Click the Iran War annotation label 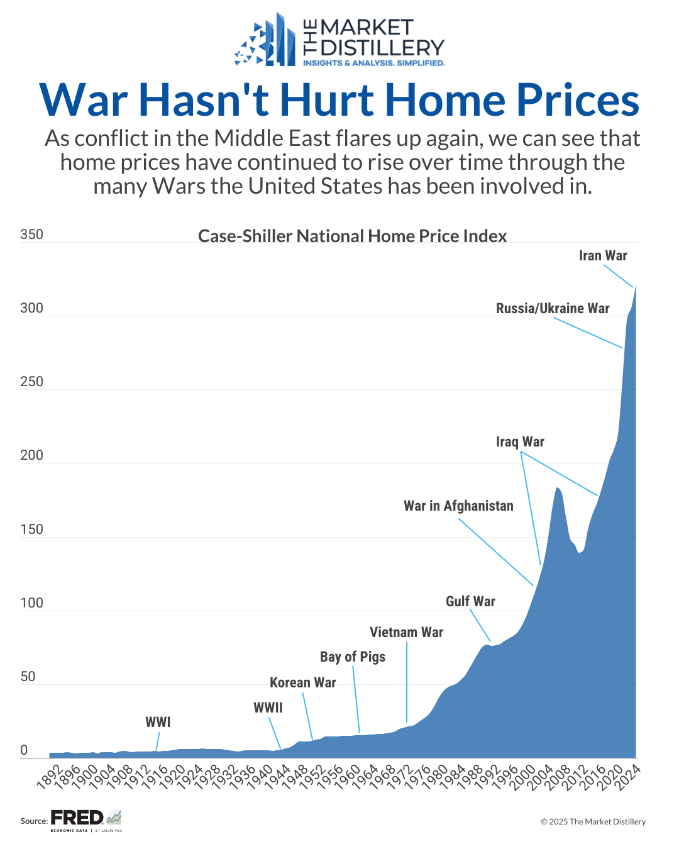point(602,255)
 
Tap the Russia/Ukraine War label point(553,308)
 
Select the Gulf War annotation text point(470,601)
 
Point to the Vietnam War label point(406,632)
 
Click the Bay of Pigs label point(353,657)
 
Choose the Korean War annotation point(302,682)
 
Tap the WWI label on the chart point(158,722)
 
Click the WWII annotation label point(268,708)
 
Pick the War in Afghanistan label point(458,506)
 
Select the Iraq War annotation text point(520,441)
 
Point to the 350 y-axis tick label point(31,235)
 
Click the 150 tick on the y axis point(31,529)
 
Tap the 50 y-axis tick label point(28,677)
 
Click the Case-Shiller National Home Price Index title point(352,236)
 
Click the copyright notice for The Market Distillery point(593,821)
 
